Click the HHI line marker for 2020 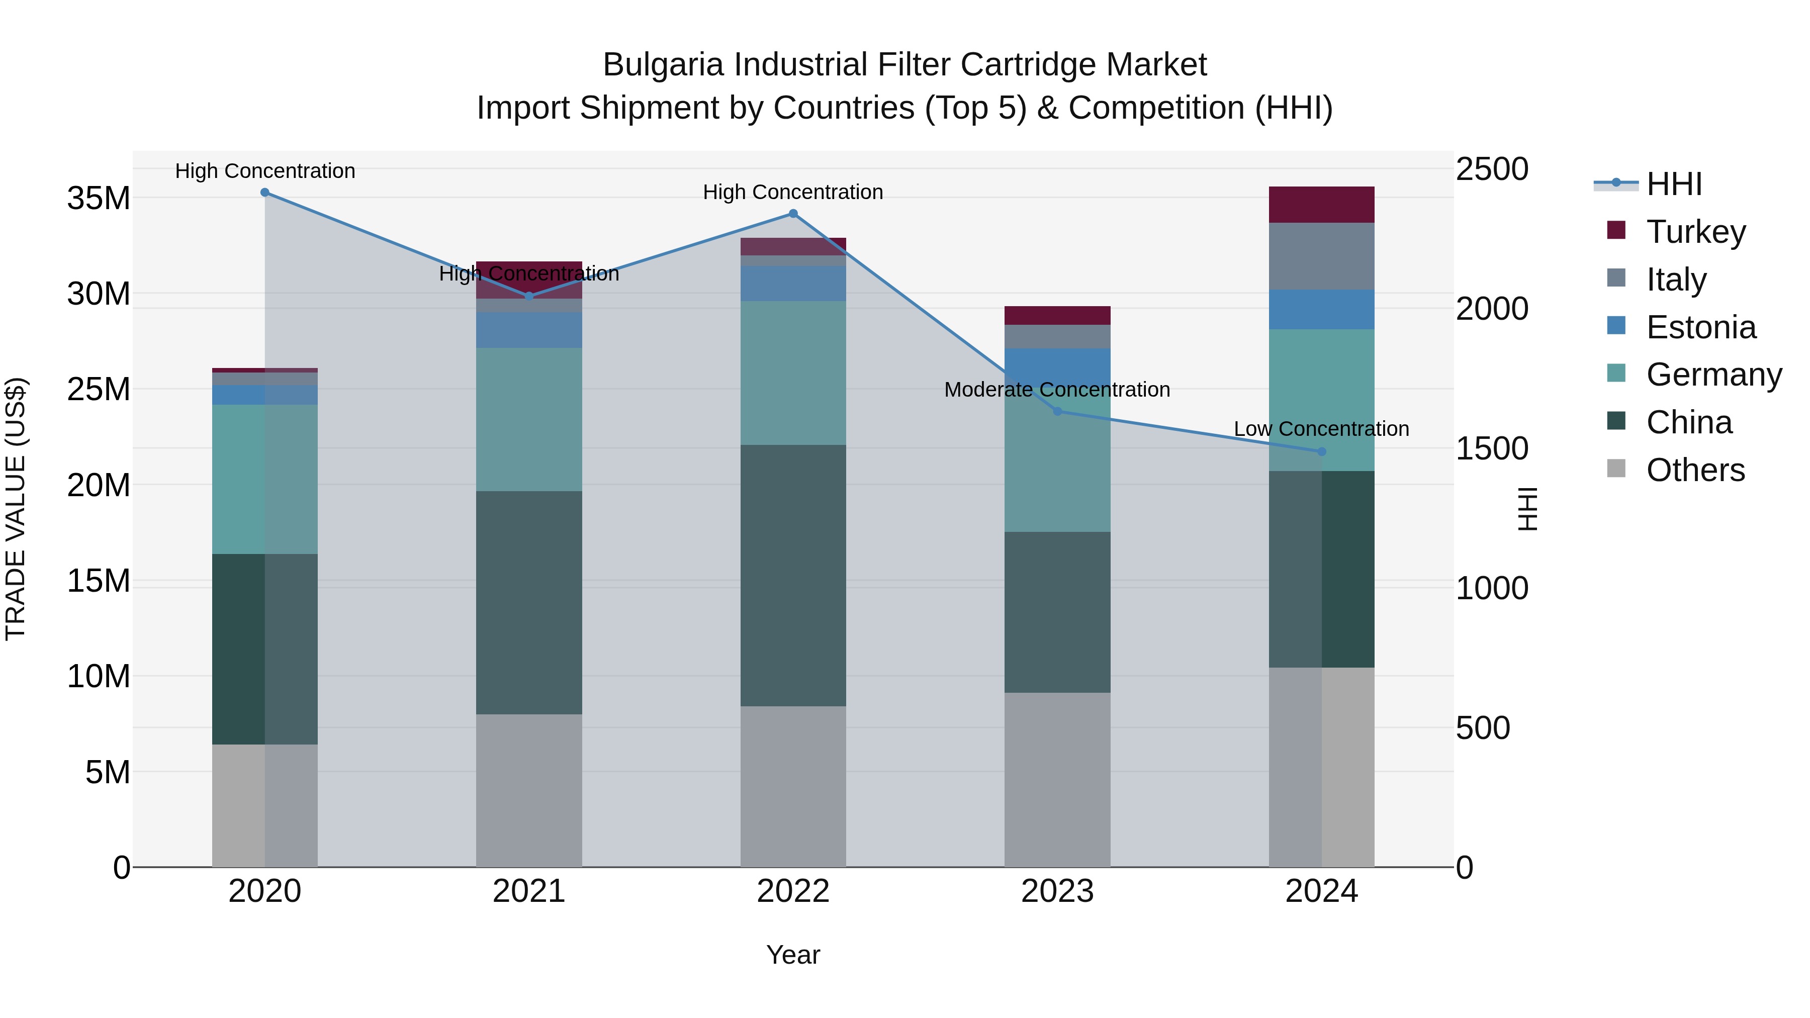(265, 193)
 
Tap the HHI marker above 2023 (1057, 412)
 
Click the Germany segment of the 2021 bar (529, 419)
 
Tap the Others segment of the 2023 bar (1057, 780)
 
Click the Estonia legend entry (1700, 327)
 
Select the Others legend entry (1695, 470)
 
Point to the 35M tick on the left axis (99, 198)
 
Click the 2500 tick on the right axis (1491, 169)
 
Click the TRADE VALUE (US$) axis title (16, 509)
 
